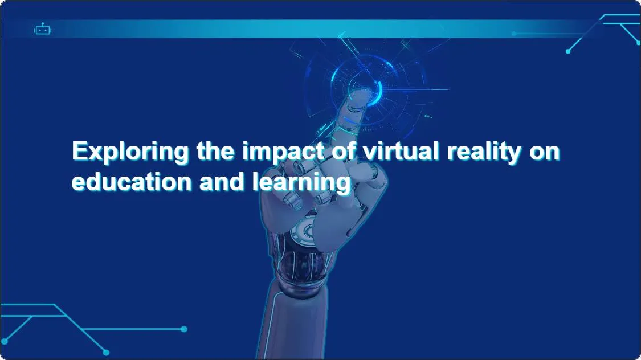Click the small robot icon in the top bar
tap(43, 29)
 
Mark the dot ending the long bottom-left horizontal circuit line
tap(184, 329)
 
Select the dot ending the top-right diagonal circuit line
tap(568, 51)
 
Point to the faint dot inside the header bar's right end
tap(514, 34)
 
